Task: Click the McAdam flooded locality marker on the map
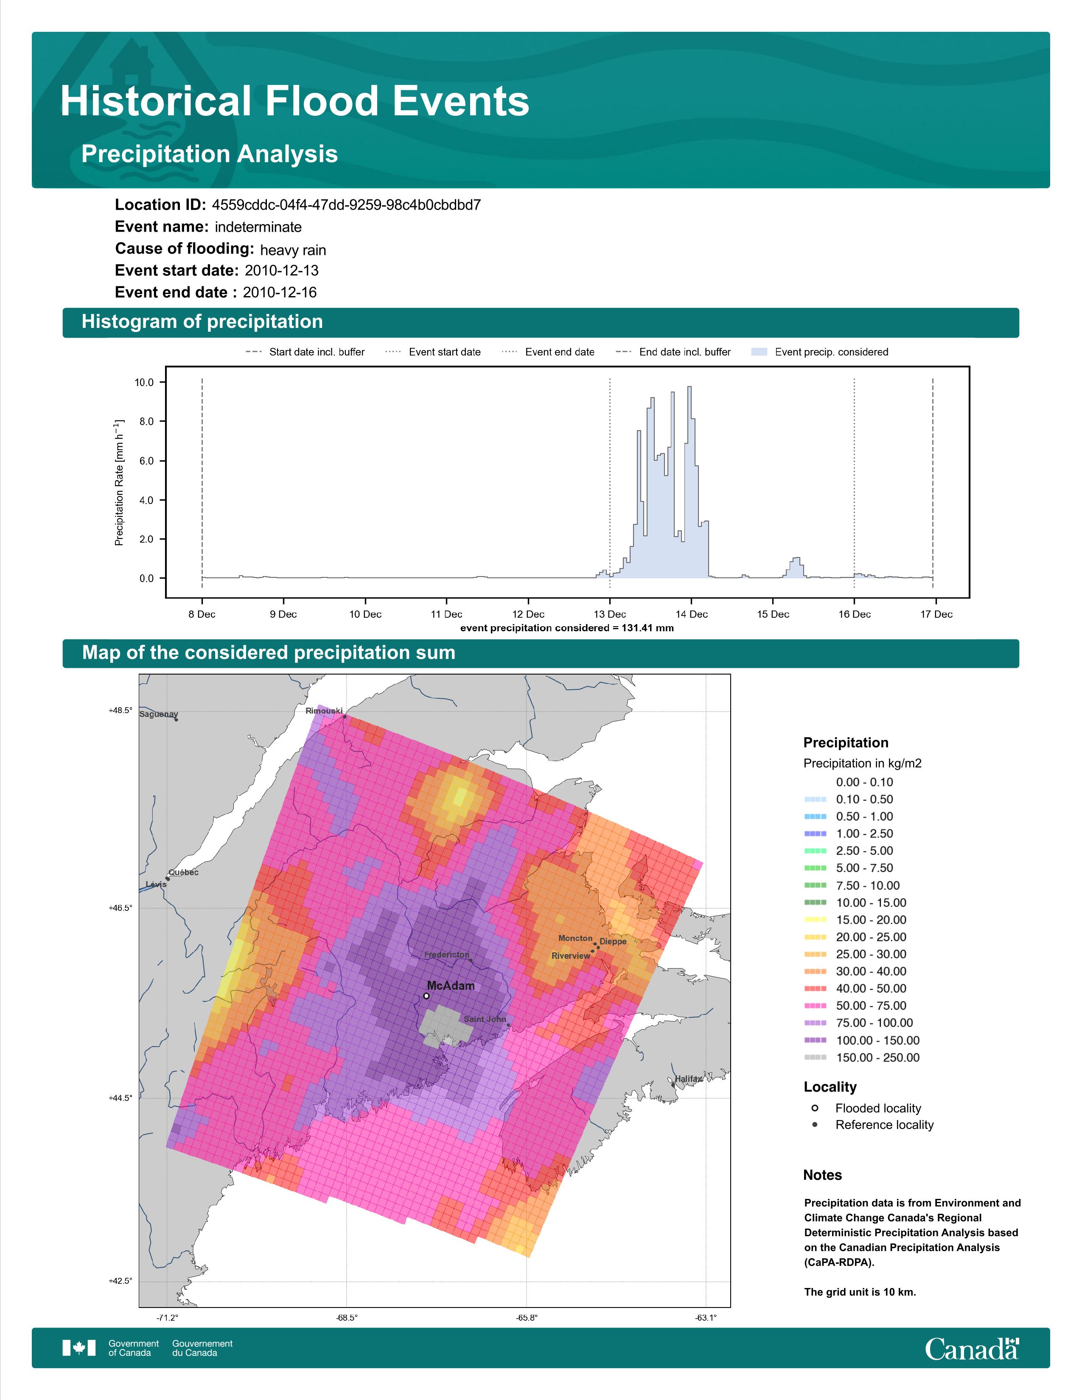tap(426, 996)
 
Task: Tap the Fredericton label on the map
tap(447, 955)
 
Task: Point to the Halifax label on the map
tap(688, 1079)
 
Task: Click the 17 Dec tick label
tap(936, 614)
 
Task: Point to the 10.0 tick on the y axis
tap(144, 383)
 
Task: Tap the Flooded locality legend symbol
tap(815, 1108)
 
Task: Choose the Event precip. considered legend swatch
tap(759, 352)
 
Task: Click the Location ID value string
tap(346, 205)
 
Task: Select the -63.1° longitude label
tap(706, 1318)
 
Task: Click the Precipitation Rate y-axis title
tap(119, 483)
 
